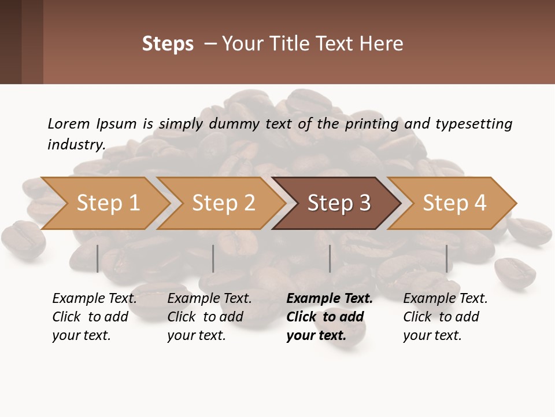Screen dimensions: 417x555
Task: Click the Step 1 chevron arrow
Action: click(x=108, y=203)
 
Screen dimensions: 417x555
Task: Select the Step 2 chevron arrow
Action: click(x=223, y=203)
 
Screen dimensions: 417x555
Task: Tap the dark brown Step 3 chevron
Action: click(x=338, y=203)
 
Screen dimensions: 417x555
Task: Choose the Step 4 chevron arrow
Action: click(x=454, y=203)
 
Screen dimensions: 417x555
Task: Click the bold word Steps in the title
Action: click(x=168, y=44)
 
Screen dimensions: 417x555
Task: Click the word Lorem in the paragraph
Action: click(x=69, y=123)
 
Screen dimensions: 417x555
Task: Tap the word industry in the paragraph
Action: click(x=75, y=145)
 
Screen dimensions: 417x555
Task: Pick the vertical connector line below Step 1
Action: click(x=98, y=258)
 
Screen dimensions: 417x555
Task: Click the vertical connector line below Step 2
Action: click(x=213, y=258)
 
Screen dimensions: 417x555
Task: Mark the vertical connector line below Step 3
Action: click(x=330, y=258)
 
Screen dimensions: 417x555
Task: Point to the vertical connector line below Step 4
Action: click(x=446, y=258)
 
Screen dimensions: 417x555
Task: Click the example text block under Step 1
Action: click(x=94, y=317)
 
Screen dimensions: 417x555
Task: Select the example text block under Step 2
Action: click(x=209, y=317)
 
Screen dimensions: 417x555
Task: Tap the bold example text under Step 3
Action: click(x=329, y=317)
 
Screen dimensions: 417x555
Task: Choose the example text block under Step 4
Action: click(x=445, y=317)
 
